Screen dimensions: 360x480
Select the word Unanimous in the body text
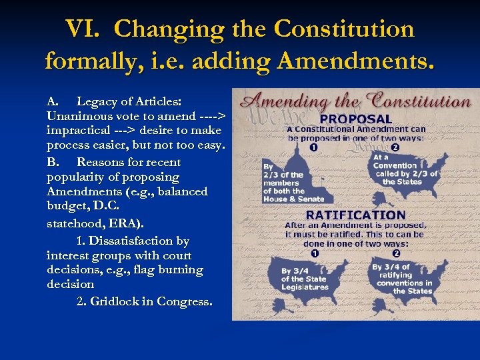(x=78, y=116)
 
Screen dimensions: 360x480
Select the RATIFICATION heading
(x=355, y=215)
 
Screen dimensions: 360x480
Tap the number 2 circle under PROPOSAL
(x=395, y=147)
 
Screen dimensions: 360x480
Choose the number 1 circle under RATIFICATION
(x=314, y=254)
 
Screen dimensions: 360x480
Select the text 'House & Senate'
(x=294, y=199)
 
